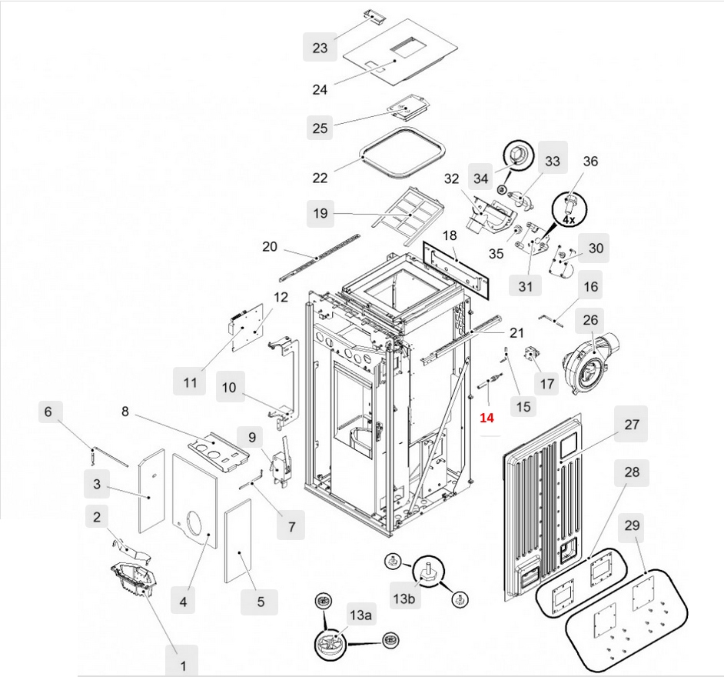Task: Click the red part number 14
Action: click(487, 419)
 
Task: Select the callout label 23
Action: click(320, 48)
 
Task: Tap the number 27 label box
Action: click(632, 424)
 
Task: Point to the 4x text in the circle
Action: click(568, 219)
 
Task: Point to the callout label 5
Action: click(260, 602)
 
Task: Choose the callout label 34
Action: click(481, 178)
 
